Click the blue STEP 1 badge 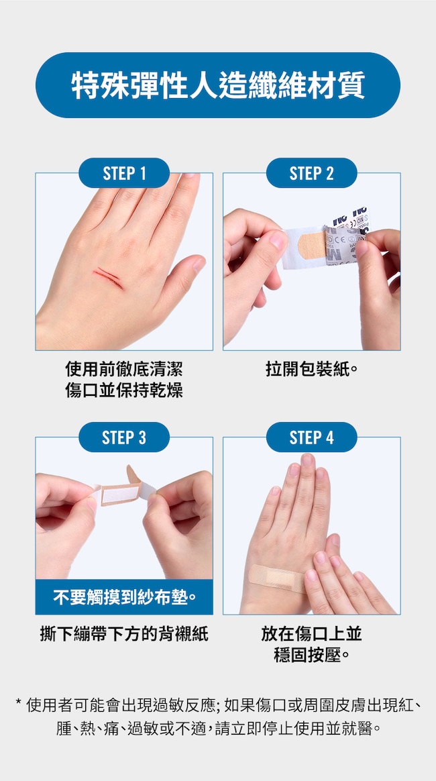124,173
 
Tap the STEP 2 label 311,173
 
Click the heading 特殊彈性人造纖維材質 218,85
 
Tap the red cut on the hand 108,277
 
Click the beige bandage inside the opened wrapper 311,245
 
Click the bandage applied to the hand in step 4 277,578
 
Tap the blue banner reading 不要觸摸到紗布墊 124,596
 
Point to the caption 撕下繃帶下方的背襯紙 124,633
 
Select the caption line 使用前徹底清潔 124,370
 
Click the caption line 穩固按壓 311,655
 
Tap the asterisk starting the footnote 18,702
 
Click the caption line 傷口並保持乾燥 124,390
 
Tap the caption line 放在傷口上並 311,633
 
